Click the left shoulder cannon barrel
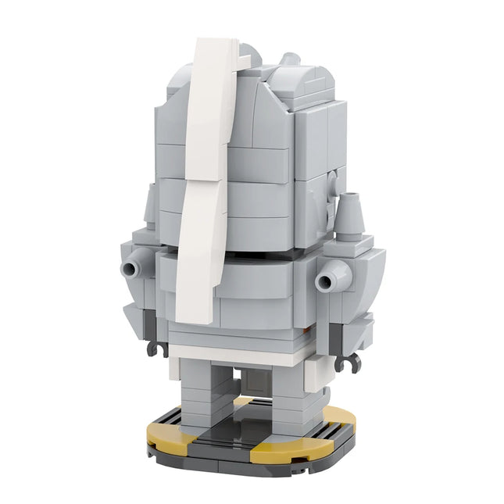click(x=131, y=269)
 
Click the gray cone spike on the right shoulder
click(x=349, y=210)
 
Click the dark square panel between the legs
click(x=255, y=384)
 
